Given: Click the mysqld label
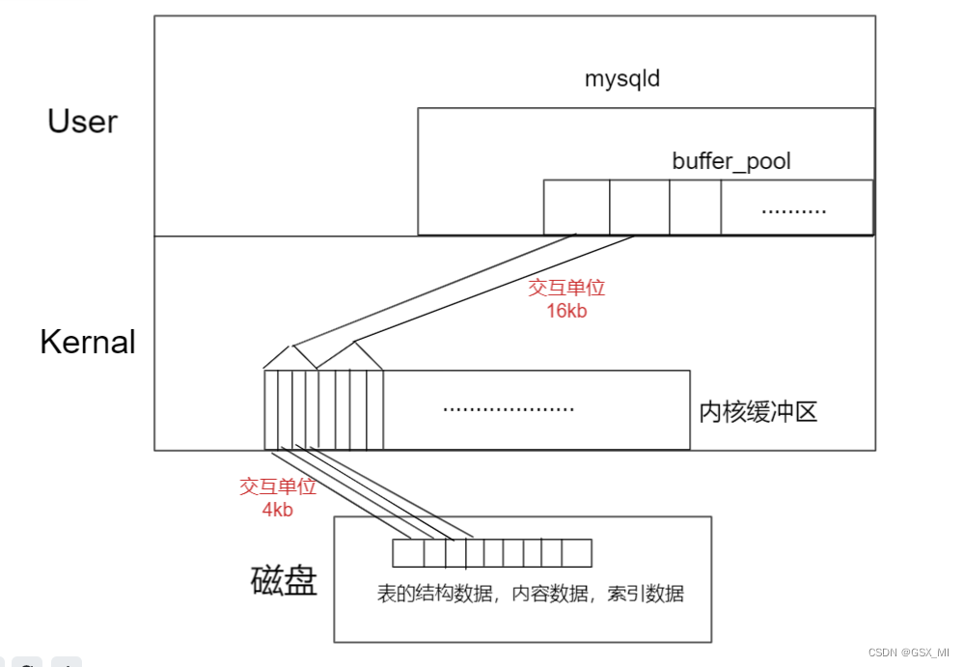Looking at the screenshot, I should [x=622, y=78].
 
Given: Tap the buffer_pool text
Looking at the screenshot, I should [x=731, y=160].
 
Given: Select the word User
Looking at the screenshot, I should [x=82, y=122].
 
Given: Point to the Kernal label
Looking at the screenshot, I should [x=88, y=342].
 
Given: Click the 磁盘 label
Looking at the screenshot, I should [x=284, y=581].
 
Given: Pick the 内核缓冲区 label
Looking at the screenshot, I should [x=758, y=412].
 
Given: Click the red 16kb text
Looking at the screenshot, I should [x=566, y=311].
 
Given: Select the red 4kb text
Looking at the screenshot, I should [x=277, y=510].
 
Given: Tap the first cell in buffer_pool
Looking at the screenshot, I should [x=576, y=207].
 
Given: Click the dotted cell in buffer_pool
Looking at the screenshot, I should [x=795, y=207].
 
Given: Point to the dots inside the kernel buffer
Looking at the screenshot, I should [x=508, y=408].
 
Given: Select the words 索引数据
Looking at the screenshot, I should [x=646, y=594].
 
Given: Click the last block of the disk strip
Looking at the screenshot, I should [x=576, y=553].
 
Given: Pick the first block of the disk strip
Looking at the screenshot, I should [x=407, y=553].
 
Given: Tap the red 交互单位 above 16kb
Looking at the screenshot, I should [x=566, y=288].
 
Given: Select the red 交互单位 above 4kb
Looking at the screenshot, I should [x=278, y=486].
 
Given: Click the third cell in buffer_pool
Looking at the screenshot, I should [x=695, y=207].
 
